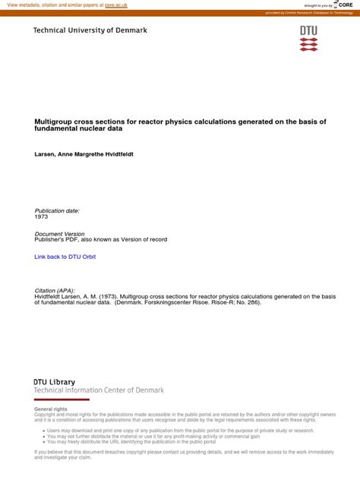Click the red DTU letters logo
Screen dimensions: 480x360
(x=308, y=31)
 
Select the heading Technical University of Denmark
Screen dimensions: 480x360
(x=90, y=30)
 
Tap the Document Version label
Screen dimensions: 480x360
(x=60, y=233)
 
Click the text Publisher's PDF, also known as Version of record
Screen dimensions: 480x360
(x=101, y=239)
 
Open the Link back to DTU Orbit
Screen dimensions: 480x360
(x=65, y=257)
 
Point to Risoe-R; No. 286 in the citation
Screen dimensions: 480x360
(x=235, y=303)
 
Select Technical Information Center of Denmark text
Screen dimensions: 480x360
(x=99, y=390)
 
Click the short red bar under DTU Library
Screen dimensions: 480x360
(x=62, y=399)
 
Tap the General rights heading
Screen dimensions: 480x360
(x=51, y=409)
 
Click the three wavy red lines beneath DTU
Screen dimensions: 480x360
(x=308, y=45)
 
